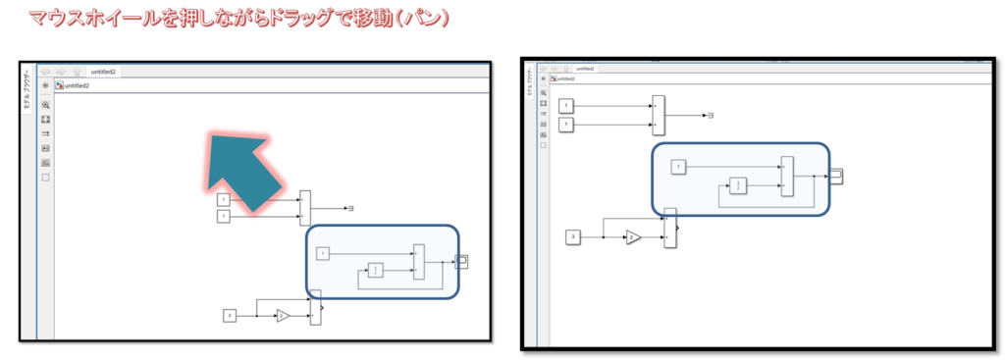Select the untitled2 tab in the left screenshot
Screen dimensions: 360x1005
[102, 72]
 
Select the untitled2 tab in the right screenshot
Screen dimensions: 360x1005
[585, 69]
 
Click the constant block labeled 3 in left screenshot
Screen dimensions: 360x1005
[230, 315]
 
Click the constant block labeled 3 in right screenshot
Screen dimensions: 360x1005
[574, 236]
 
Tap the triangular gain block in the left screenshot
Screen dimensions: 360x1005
[283, 315]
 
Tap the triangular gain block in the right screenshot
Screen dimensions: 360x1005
[634, 236]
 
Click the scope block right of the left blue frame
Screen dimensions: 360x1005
[462, 261]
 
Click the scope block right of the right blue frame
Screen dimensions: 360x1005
[835, 176]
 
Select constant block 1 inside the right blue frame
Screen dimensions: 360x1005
[678, 167]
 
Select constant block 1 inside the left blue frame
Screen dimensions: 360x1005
[323, 253]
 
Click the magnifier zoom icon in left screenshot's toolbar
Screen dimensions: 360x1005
[45, 104]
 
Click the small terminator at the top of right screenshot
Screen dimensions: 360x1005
[710, 116]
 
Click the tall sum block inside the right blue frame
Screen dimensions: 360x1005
[787, 177]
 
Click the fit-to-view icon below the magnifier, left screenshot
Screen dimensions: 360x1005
[45, 119]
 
